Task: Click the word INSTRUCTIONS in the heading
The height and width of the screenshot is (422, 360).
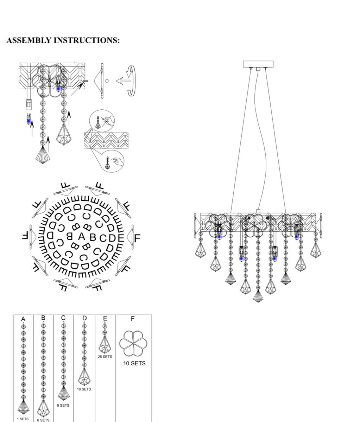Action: (87, 40)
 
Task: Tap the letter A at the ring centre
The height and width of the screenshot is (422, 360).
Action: (82, 236)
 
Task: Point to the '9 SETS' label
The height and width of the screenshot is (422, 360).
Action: (63, 405)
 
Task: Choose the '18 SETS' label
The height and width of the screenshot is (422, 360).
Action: (84, 389)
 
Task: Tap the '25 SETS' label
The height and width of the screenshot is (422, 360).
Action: (105, 357)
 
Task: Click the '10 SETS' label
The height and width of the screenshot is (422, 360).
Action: (134, 363)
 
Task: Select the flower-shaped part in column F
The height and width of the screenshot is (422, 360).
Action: (133, 344)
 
